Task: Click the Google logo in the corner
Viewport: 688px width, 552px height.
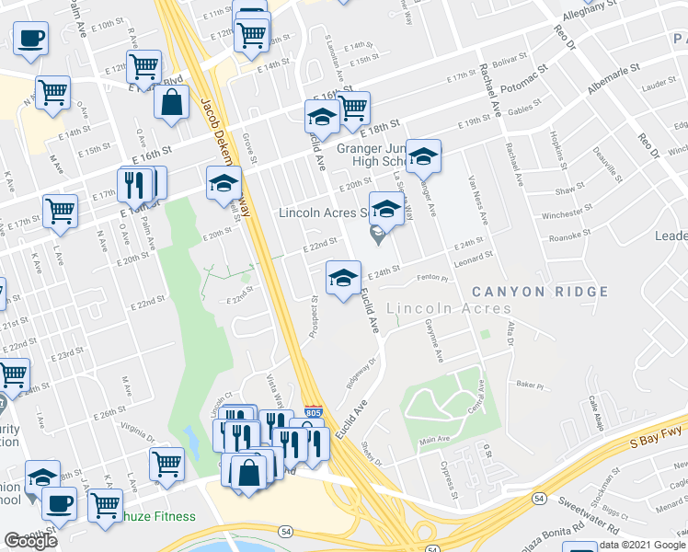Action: [x=30, y=541]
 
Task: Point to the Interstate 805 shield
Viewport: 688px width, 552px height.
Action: [x=314, y=414]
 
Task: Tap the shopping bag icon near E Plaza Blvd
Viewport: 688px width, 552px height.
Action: [x=172, y=104]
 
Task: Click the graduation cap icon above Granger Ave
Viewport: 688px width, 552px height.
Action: [x=423, y=156]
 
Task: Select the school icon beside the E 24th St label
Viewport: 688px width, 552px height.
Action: [x=342, y=276]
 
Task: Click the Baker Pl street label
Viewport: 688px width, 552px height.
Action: [x=525, y=384]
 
